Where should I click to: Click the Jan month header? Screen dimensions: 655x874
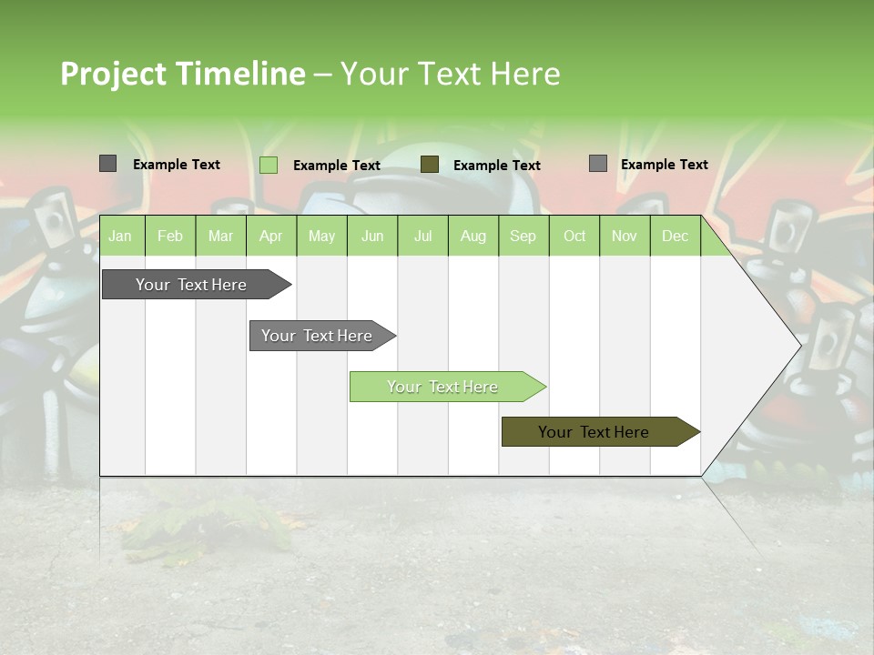120,236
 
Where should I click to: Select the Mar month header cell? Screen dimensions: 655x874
220,236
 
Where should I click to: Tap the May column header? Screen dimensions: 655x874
321,236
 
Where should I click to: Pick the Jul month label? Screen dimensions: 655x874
422,236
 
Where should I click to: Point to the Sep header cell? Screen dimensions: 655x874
523,236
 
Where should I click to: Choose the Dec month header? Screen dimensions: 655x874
675,236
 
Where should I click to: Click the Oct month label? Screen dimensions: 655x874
574,236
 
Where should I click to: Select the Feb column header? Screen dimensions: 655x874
170,236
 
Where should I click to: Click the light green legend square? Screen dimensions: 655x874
269,165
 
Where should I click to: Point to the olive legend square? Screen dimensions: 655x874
430,165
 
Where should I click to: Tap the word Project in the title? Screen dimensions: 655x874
114,74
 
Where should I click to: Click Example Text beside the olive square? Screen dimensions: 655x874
496,166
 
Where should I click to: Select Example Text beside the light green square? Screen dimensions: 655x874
336,166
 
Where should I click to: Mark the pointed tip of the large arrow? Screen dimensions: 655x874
799,345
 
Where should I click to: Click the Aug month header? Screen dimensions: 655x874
473,236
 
